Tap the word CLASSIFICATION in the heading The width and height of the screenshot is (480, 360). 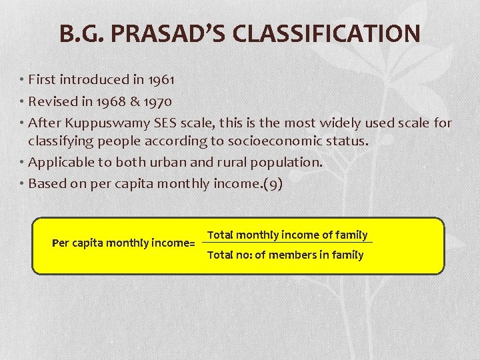331,33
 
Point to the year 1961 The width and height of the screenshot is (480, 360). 161,80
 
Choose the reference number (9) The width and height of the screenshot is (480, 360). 272,184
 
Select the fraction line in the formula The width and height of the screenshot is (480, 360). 287,242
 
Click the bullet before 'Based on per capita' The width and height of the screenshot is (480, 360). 22,184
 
